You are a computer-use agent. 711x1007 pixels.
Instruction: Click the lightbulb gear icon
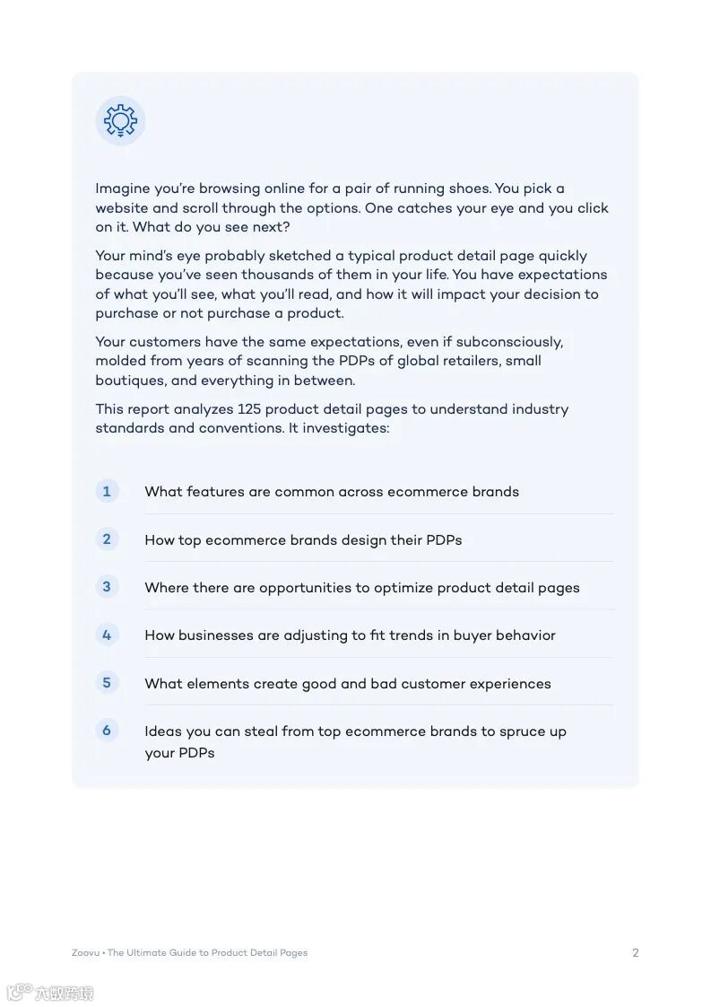coord(120,120)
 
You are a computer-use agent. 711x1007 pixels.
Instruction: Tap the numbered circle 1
coord(107,491)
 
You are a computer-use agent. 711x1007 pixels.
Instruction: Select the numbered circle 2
coord(107,539)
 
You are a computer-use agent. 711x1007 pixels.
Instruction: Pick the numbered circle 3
coord(107,587)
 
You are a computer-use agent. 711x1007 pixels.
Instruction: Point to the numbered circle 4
coord(107,635)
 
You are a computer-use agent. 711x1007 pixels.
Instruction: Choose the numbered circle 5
coord(107,682)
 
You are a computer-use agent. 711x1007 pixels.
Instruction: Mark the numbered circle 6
coord(107,731)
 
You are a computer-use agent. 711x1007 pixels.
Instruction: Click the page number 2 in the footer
coord(636,953)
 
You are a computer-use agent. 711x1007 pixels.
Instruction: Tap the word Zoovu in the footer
coord(85,953)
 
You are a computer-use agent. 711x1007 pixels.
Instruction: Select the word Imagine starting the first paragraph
coord(123,188)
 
